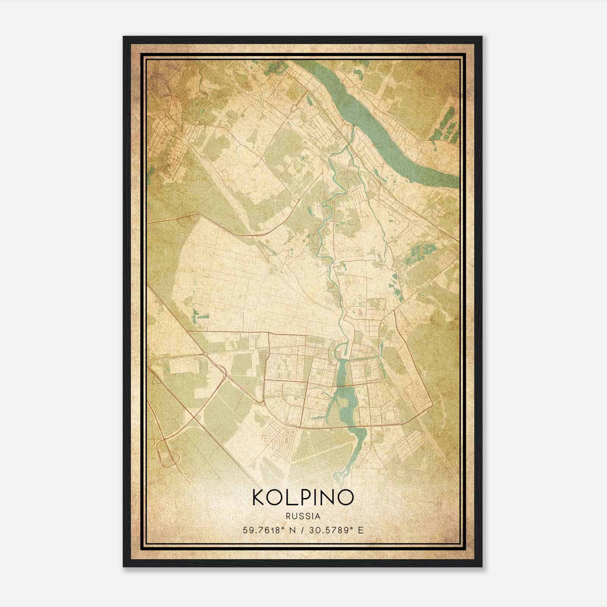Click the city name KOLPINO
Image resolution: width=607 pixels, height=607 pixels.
[x=303, y=497]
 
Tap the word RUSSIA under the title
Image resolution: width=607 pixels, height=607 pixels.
[x=303, y=516]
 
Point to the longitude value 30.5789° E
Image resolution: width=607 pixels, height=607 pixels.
[x=337, y=530]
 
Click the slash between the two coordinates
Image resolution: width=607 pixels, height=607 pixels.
[x=303, y=530]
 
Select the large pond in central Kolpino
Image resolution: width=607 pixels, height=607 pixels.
[x=343, y=395]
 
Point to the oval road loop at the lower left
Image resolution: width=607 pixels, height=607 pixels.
[x=167, y=453]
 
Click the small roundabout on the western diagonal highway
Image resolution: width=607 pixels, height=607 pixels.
[x=205, y=354]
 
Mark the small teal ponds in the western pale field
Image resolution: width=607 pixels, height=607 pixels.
[x=199, y=315]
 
